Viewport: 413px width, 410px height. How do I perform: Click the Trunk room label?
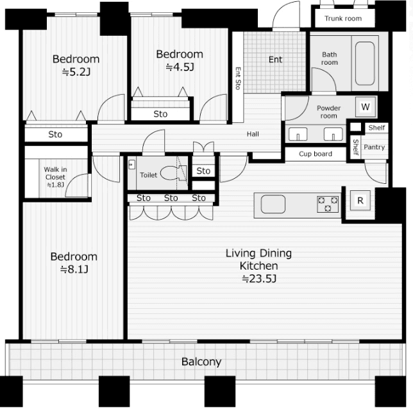[343, 19]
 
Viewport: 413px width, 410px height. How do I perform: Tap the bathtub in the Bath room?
[365, 63]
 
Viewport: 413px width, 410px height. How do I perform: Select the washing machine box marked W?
[366, 107]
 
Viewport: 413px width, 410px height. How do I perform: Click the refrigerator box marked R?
[360, 201]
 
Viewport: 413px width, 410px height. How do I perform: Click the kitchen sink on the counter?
[273, 204]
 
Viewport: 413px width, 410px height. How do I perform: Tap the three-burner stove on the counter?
[328, 204]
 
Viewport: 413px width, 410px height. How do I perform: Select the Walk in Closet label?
[55, 177]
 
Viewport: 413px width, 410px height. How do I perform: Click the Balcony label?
[201, 362]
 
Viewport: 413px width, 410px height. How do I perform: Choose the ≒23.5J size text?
[259, 279]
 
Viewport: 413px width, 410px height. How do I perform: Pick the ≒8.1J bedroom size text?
[74, 270]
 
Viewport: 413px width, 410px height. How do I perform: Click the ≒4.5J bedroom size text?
[180, 67]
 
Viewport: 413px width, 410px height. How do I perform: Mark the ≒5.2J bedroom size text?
[76, 72]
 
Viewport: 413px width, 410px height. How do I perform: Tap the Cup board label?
[316, 154]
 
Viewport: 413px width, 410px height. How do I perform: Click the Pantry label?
[374, 147]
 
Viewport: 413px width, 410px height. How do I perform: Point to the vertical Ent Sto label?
[238, 78]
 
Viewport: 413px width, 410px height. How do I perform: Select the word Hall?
[253, 134]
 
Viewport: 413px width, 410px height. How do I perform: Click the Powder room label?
[328, 112]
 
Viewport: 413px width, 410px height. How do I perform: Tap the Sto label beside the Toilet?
[203, 171]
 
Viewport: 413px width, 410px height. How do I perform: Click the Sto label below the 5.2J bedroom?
[55, 135]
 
